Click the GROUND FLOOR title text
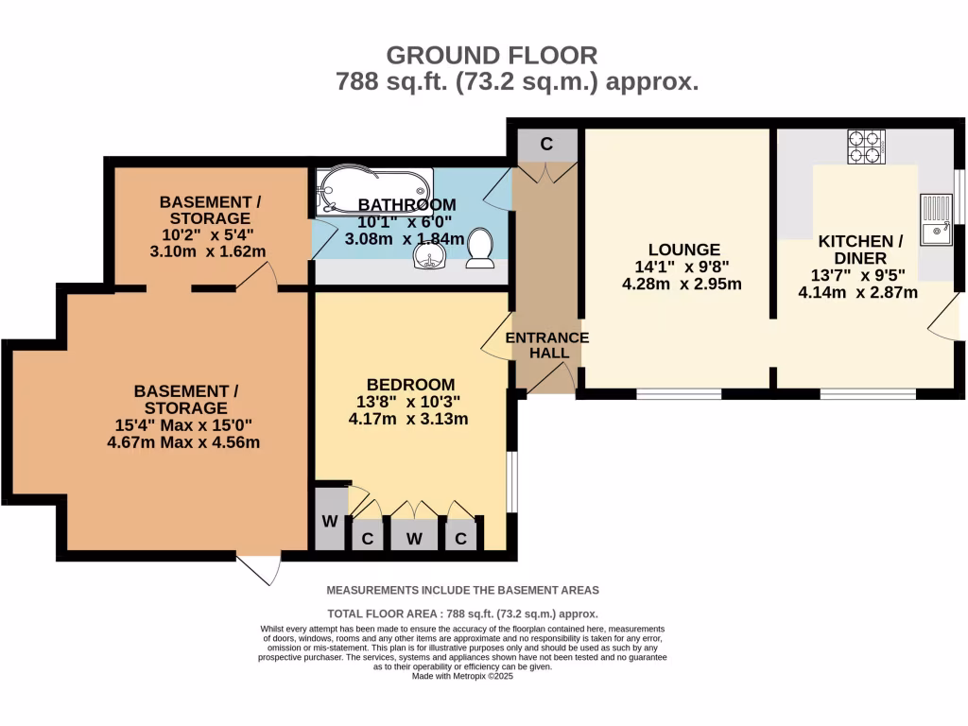tap(492, 55)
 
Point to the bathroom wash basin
tap(434, 260)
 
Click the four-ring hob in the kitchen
tap(866, 147)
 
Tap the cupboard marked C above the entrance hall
tap(545, 145)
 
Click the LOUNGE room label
tap(671, 250)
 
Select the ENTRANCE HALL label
tap(547, 345)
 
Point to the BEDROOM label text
tap(410, 385)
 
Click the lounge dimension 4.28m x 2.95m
tap(681, 284)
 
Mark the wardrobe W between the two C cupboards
tap(414, 539)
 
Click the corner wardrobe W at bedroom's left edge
tap(330, 520)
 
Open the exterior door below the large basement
tap(259, 568)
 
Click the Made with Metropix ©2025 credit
tap(463, 677)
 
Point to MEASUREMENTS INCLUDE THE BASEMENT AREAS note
tap(463, 590)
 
